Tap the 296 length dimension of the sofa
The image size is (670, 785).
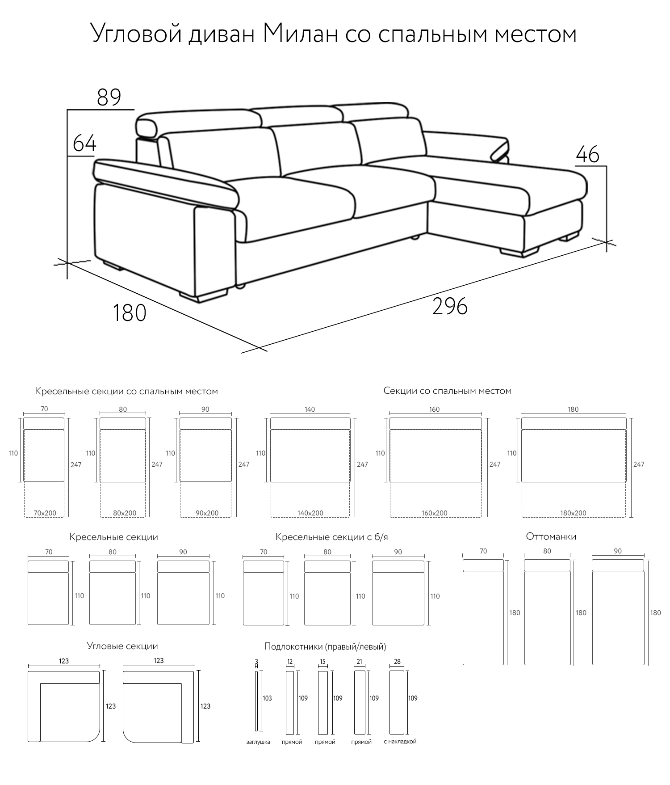450,306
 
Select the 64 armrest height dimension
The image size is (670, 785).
84,143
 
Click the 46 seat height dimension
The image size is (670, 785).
587,154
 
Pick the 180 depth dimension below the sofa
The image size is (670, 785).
129,312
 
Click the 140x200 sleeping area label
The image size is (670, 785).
310,513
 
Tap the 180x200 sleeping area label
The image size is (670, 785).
574,513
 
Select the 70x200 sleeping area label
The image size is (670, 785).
45,513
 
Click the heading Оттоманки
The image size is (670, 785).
551,536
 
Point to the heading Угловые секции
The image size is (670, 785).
122,646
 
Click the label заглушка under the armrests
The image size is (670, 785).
258,742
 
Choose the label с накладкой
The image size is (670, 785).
400,741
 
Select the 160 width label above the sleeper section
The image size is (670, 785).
435,409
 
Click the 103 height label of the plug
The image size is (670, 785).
267,698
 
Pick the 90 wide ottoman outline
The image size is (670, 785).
618,612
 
